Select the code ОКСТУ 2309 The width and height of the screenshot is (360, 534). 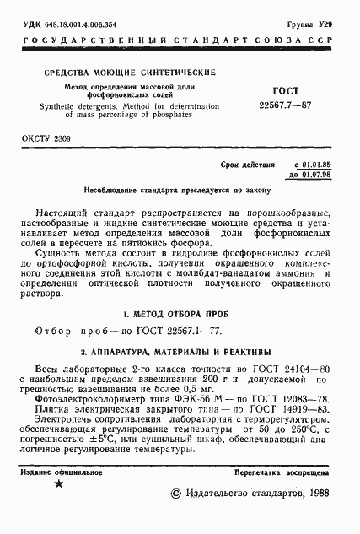(x=46, y=138)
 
